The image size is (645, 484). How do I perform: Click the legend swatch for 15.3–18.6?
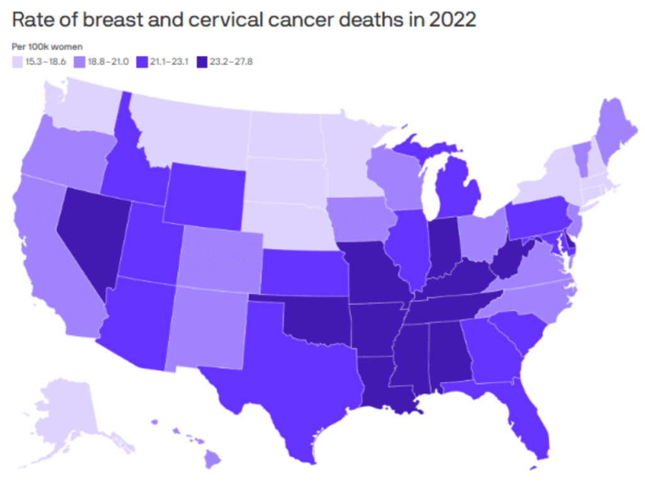click(x=17, y=61)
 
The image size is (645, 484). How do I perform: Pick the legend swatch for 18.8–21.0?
click(x=79, y=61)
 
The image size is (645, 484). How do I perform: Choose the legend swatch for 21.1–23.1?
click(x=142, y=61)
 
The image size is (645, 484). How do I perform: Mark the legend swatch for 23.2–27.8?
click(x=201, y=61)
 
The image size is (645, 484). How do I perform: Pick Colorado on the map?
click(x=220, y=258)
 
